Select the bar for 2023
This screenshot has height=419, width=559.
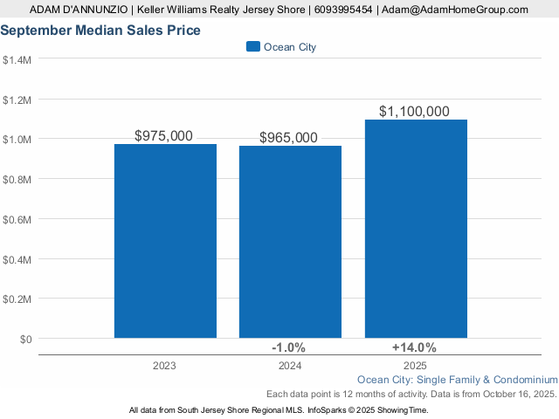point(165,241)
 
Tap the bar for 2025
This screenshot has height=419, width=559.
point(416,229)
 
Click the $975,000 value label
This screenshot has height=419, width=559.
point(164,135)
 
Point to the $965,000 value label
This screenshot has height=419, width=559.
point(289,137)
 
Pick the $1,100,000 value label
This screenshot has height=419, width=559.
point(415,111)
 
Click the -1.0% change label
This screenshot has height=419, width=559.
point(288,347)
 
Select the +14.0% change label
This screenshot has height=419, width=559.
point(413,347)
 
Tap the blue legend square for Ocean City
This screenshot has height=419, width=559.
point(253,47)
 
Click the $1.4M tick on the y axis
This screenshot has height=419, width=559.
point(17,60)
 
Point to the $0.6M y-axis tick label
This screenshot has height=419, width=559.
point(17,219)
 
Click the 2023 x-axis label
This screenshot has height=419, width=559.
point(164,365)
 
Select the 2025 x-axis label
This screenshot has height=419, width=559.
point(415,365)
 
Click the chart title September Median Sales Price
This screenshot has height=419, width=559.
point(100,31)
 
